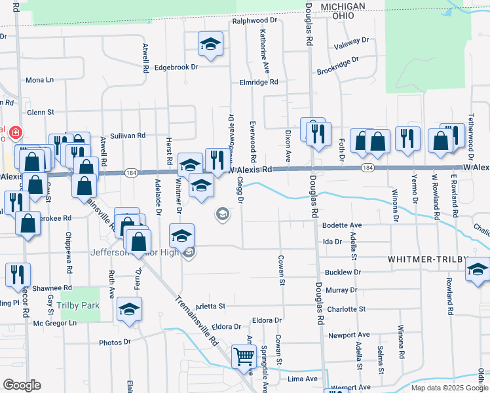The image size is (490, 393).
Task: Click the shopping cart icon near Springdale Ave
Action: tap(243, 358)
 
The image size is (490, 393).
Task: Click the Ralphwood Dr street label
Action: tap(255, 21)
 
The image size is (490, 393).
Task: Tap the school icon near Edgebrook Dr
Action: tap(211, 45)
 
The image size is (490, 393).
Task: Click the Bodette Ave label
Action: tap(342, 225)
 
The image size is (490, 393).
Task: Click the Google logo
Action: tap(22, 385)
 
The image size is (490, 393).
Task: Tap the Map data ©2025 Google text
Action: tap(449, 388)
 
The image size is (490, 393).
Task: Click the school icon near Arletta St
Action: tap(129, 309)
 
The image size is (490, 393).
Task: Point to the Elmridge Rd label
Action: tap(259, 83)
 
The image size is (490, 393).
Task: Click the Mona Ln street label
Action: tap(39, 80)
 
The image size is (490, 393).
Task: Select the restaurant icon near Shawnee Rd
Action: tap(17, 275)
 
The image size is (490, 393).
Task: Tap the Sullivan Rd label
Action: tap(128, 136)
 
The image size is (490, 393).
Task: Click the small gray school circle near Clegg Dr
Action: tap(223, 214)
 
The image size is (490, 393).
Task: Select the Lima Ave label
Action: tap(303, 379)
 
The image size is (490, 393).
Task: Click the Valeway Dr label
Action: tap(351, 42)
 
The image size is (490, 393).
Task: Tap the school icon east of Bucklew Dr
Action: tap(478, 269)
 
